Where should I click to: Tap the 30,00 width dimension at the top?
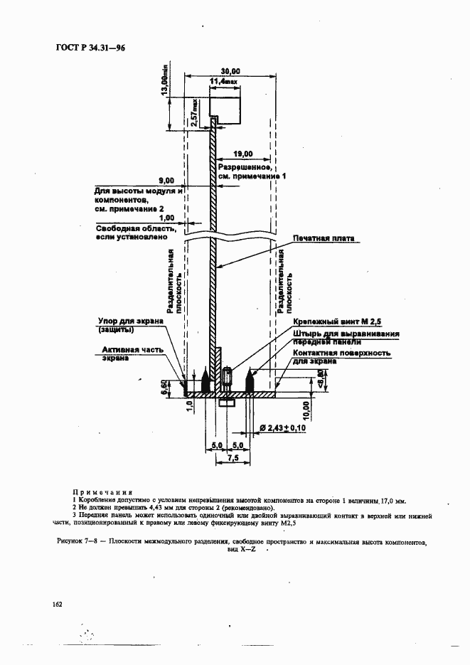(x=230, y=71)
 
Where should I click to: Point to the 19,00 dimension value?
(x=243, y=152)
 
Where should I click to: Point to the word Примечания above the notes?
(x=103, y=491)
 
